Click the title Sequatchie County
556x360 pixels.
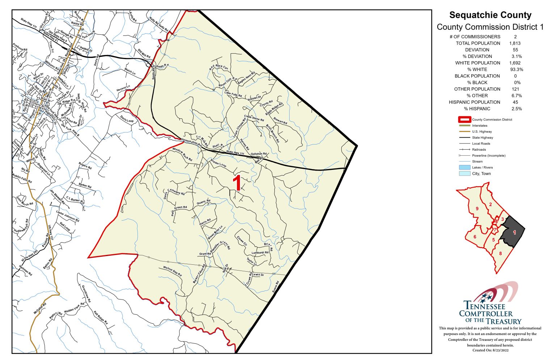(x=490, y=15)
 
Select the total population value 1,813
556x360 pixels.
(x=515, y=43)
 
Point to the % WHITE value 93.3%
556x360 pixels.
(x=517, y=69)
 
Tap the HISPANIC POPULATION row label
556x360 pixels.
(x=474, y=102)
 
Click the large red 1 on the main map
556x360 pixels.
(x=237, y=183)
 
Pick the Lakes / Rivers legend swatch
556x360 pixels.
(x=464, y=167)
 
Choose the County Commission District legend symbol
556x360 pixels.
(x=464, y=120)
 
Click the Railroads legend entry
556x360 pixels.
(x=479, y=150)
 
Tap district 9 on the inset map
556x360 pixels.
(x=477, y=209)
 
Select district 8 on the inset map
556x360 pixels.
(x=501, y=254)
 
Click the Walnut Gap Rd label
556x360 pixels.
(x=172, y=271)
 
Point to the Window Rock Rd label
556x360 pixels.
(x=182, y=154)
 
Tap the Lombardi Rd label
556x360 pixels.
(x=260, y=252)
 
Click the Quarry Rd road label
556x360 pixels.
(x=203, y=202)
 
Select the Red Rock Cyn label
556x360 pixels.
(x=219, y=68)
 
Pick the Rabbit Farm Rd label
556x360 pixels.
(x=22, y=178)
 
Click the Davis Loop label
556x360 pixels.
(x=127, y=119)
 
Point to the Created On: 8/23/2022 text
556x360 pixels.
(x=490, y=350)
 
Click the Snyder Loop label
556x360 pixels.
(x=218, y=163)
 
